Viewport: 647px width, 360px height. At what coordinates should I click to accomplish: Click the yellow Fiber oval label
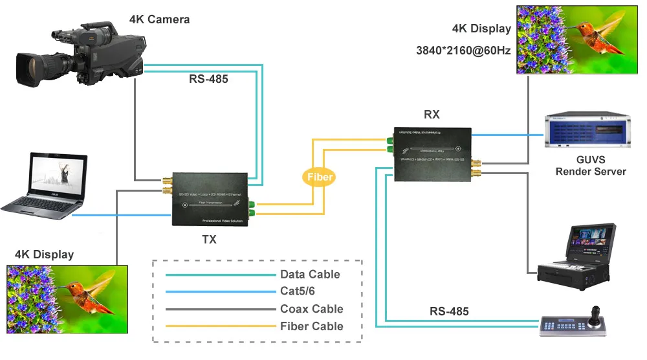click(x=320, y=176)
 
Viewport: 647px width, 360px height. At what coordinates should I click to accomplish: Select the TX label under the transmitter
click(x=209, y=239)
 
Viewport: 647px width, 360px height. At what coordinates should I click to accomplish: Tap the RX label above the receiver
click(x=432, y=115)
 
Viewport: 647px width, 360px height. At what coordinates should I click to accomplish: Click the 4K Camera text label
click(x=160, y=19)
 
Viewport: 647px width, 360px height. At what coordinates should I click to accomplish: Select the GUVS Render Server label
click(x=591, y=166)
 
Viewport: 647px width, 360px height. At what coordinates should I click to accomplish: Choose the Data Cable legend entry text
click(x=310, y=275)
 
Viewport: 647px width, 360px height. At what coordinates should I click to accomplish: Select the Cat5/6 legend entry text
click(x=299, y=291)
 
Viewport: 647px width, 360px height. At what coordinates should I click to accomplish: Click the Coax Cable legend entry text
click(x=311, y=309)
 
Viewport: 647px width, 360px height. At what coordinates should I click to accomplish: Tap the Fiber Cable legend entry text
click(x=311, y=326)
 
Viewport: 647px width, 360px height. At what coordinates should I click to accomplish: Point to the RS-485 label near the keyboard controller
click(x=449, y=312)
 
